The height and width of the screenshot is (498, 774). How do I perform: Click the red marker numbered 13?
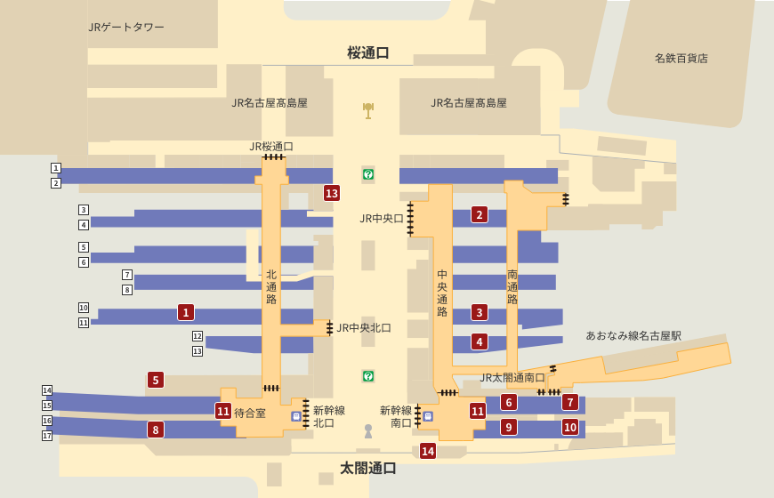pyautogui.click(x=332, y=193)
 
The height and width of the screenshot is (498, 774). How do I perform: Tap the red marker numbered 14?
pyautogui.click(x=428, y=451)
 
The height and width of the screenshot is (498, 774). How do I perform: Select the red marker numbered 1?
pyautogui.click(x=186, y=312)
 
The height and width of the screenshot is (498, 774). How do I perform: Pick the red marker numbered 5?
pyautogui.click(x=156, y=380)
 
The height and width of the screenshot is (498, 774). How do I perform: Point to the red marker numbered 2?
pyautogui.click(x=480, y=214)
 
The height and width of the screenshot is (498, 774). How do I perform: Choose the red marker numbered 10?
pyautogui.click(x=570, y=427)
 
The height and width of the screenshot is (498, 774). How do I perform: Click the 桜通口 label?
pyautogui.click(x=368, y=52)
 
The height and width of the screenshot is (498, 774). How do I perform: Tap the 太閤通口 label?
pyautogui.click(x=368, y=468)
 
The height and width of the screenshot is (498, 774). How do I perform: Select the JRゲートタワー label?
pyautogui.click(x=126, y=28)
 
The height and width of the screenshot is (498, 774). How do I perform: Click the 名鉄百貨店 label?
pyautogui.click(x=681, y=59)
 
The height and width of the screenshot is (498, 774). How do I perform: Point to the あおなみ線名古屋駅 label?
pyautogui.click(x=633, y=336)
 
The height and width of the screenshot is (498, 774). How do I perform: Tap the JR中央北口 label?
pyautogui.click(x=364, y=328)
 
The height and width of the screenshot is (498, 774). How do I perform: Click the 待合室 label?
pyautogui.click(x=250, y=414)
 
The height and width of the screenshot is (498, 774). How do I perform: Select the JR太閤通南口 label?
pyautogui.click(x=512, y=378)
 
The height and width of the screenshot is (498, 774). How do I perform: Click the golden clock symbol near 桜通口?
pyautogui.click(x=368, y=110)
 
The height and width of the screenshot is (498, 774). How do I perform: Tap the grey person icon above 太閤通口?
pyautogui.click(x=368, y=431)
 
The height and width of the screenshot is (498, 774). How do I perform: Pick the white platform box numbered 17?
pyautogui.click(x=47, y=436)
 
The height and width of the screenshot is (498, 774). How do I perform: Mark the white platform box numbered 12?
pyautogui.click(x=198, y=336)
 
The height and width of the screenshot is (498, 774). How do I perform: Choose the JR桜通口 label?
pyautogui.click(x=271, y=147)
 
